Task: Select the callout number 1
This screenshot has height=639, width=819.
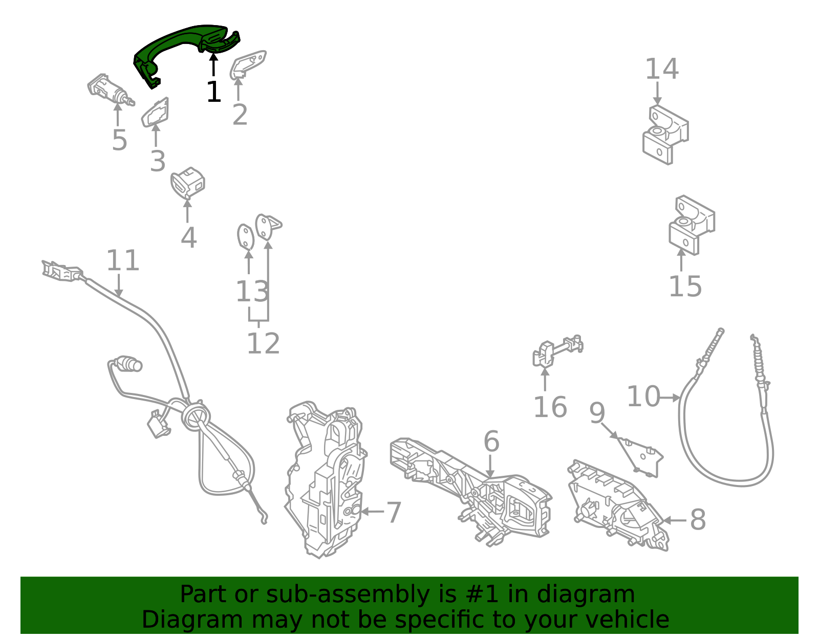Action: click(213, 92)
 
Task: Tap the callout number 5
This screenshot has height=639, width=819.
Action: click(119, 140)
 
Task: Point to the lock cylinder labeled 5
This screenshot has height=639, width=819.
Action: click(110, 90)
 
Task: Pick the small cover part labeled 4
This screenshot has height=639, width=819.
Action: click(188, 183)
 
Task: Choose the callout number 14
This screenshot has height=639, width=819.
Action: click(662, 69)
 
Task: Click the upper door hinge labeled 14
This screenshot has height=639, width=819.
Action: click(665, 135)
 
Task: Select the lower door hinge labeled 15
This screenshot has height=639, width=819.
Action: click(692, 225)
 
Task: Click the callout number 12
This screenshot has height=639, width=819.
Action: click(264, 343)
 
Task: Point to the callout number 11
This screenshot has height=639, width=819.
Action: click(123, 260)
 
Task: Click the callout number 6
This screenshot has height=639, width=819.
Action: click(491, 442)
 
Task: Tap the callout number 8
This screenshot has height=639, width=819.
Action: click(698, 520)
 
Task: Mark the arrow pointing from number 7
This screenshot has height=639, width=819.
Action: click(372, 512)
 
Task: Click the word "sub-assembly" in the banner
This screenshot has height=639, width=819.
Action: click(348, 595)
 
